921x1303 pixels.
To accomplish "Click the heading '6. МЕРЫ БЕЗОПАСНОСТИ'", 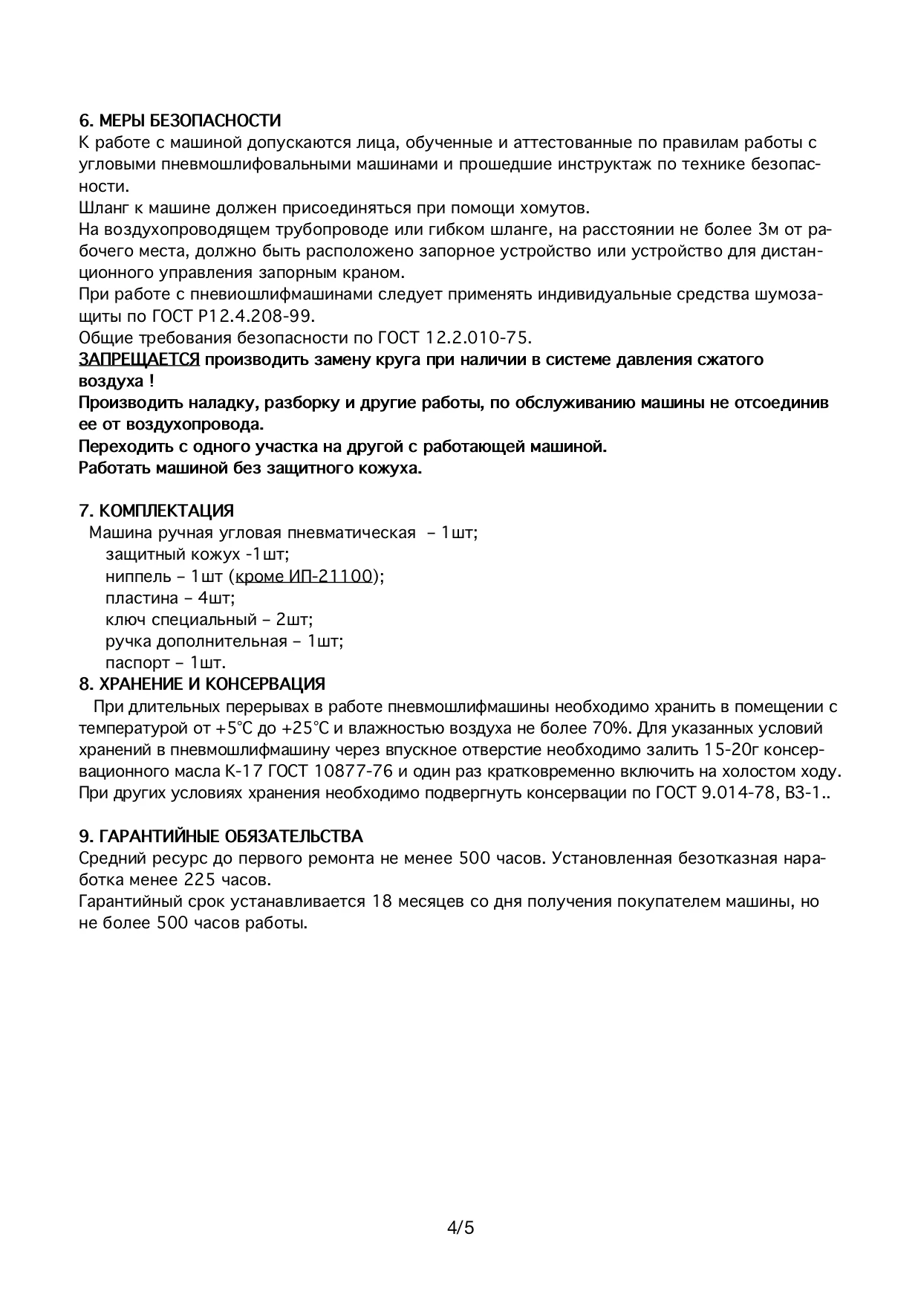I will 180,120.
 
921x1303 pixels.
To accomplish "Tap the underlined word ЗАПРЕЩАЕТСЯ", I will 139,360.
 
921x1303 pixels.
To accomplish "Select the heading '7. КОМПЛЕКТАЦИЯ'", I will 156,511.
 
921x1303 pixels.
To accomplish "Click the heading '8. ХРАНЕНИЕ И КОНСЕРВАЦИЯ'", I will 202,684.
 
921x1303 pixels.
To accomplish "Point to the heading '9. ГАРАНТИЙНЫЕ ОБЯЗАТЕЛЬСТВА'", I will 221,837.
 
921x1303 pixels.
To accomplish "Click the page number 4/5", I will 461,1227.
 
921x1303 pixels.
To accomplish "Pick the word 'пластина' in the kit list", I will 142,598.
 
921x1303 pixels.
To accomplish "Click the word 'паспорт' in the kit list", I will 137,662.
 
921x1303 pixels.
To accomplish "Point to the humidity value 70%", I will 612,728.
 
